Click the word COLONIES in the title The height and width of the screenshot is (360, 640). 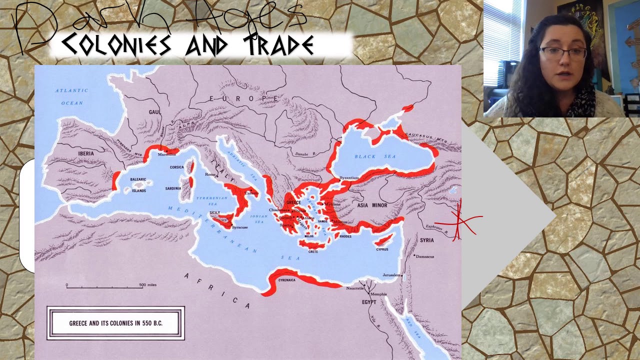pyautogui.click(x=116, y=45)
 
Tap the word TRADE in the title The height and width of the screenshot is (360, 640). pyautogui.click(x=279, y=45)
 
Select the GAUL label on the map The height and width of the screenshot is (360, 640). pyautogui.click(x=154, y=112)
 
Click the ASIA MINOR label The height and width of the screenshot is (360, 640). pyautogui.click(x=372, y=205)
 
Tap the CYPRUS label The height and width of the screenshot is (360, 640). pyautogui.click(x=382, y=249)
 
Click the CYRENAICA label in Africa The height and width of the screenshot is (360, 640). pyautogui.click(x=286, y=280)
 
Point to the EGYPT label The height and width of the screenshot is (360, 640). pyautogui.click(x=369, y=302)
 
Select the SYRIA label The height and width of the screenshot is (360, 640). pyautogui.click(x=426, y=240)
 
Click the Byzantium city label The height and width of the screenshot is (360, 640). pyautogui.click(x=349, y=178)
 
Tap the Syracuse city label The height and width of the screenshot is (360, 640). pyautogui.click(x=239, y=227)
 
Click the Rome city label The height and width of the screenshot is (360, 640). pyautogui.click(x=210, y=174)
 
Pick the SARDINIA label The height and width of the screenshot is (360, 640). pyautogui.click(x=173, y=188)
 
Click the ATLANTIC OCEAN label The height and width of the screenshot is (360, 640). pyautogui.click(x=71, y=96)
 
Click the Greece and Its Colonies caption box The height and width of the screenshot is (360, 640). pyautogui.click(x=115, y=323)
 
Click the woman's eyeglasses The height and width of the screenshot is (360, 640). pyautogui.click(x=562, y=53)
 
